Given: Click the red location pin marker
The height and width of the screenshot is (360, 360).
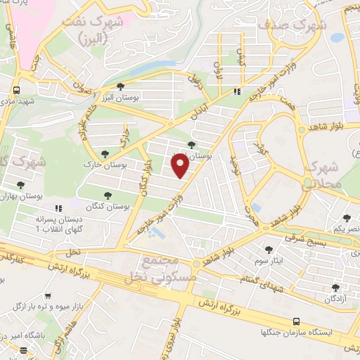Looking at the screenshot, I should coord(179,166).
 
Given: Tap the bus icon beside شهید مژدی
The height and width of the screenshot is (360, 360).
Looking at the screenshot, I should coord(16,90).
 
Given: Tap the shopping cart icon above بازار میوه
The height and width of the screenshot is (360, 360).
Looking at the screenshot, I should coord(47,297).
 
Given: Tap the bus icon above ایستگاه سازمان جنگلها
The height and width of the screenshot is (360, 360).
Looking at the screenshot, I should coord(296,319).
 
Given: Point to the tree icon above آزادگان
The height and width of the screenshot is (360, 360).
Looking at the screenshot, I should coord(335,287).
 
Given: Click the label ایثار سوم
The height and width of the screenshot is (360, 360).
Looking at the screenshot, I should coord(269,260).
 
